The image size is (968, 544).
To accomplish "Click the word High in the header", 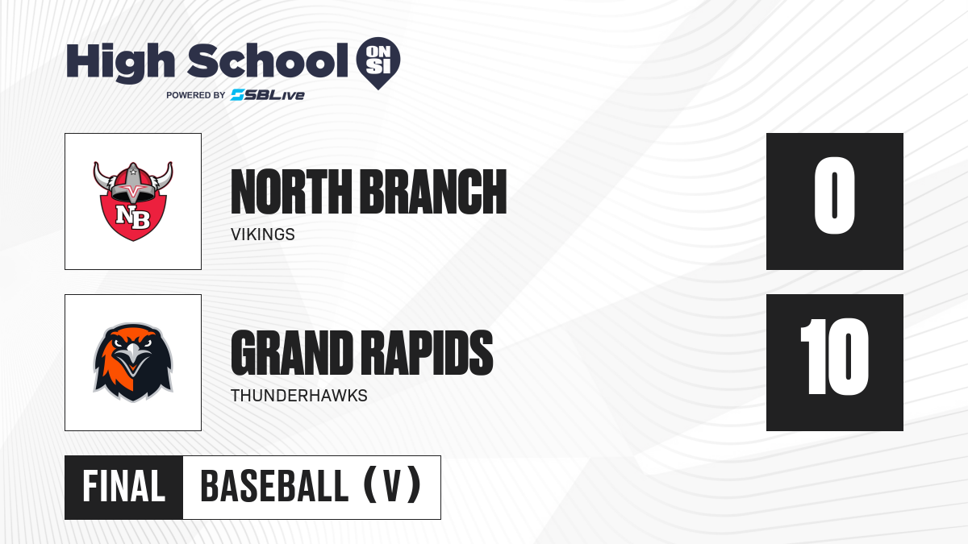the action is pyautogui.click(x=120, y=63).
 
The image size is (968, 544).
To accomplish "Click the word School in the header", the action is pyautogui.click(x=268, y=61).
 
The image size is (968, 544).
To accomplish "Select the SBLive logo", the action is pyautogui.click(x=268, y=95).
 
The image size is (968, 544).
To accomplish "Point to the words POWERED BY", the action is pyautogui.click(x=196, y=95).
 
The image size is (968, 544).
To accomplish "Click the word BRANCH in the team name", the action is pyautogui.click(x=433, y=192).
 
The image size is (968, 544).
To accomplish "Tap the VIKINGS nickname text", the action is pyautogui.click(x=263, y=235).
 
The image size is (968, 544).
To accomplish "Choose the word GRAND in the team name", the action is pyautogui.click(x=292, y=353).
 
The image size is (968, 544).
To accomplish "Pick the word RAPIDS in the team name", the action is pyautogui.click(x=427, y=353).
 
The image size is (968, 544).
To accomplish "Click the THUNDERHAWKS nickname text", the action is pyautogui.click(x=299, y=396).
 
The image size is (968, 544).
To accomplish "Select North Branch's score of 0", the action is pyautogui.click(x=834, y=196).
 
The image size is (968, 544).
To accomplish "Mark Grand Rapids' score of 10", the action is pyautogui.click(x=834, y=356).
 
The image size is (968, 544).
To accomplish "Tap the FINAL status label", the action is pyautogui.click(x=123, y=487).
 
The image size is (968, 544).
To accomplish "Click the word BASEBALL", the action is pyautogui.click(x=274, y=487).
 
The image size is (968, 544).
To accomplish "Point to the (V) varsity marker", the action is pyautogui.click(x=392, y=485).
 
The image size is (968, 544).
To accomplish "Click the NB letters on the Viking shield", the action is pyautogui.click(x=133, y=217).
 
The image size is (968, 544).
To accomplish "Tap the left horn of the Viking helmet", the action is pyautogui.click(x=103, y=176).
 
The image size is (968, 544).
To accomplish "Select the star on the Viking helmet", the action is pyautogui.click(x=133, y=172).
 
